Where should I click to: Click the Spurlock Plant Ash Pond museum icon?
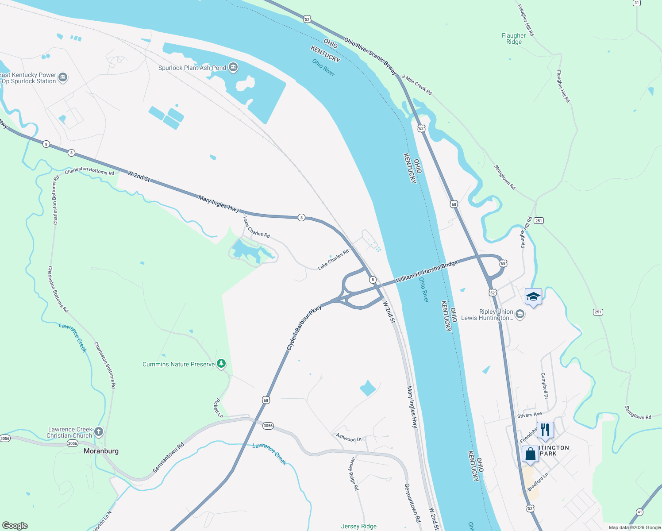click(233, 68)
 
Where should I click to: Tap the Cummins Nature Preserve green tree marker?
click(221, 364)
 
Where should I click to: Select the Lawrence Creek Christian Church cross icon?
click(98, 431)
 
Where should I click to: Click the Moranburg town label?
click(101, 451)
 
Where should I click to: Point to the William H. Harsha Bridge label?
click(426, 272)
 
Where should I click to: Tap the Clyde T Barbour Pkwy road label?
click(304, 328)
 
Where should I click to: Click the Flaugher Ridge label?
click(514, 38)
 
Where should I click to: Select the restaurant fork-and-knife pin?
click(545, 430)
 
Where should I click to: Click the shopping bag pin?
click(530, 454)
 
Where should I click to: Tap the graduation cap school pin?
click(533, 297)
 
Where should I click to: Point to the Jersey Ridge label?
click(358, 526)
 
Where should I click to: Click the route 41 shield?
click(639, 512)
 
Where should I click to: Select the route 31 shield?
click(636, 3)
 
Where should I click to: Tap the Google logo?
click(15, 526)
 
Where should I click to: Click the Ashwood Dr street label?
click(349, 438)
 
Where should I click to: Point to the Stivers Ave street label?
click(529, 415)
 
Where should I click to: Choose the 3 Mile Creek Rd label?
click(416, 85)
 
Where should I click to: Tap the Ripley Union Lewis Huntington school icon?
click(520, 315)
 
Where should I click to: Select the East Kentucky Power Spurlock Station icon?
click(62, 78)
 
